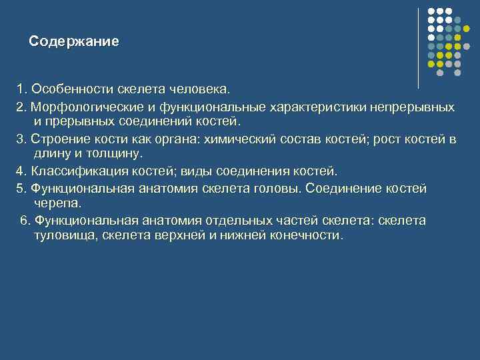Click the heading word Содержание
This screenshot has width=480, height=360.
pos(74,41)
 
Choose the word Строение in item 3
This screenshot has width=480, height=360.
pos(57,139)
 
